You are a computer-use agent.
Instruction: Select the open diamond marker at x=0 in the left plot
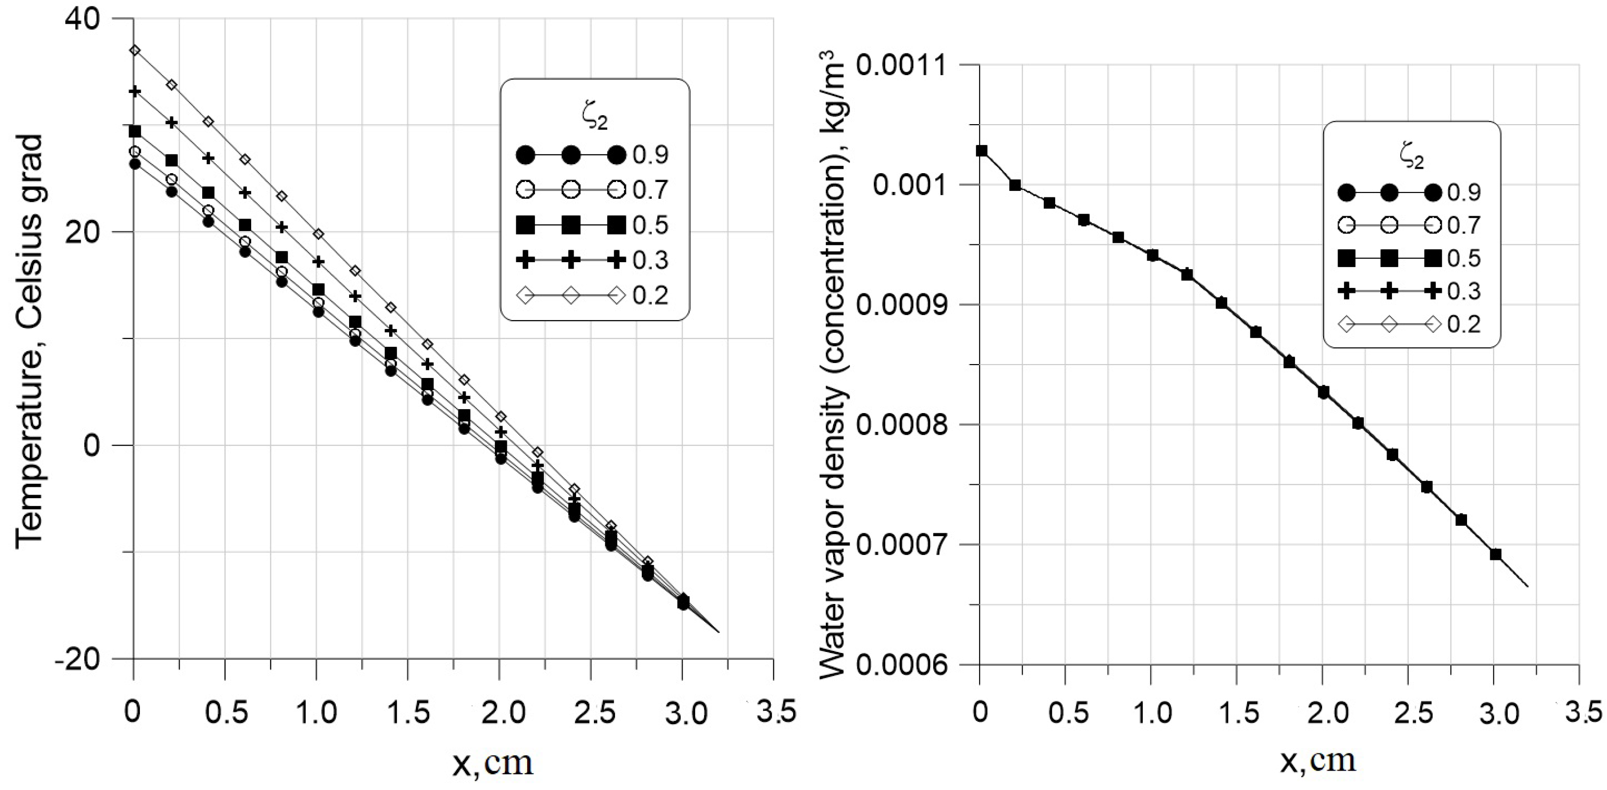(135, 50)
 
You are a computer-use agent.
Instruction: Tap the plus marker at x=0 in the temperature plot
(135, 92)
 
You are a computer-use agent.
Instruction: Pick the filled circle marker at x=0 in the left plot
(135, 164)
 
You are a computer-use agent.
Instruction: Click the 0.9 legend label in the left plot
(650, 155)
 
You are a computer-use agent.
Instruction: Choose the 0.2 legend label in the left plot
(650, 295)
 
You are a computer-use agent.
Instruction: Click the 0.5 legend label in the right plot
(1464, 258)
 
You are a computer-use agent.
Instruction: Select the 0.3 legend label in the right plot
(1464, 291)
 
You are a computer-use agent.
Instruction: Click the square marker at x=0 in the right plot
(982, 150)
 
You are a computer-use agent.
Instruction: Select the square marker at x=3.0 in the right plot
(1495, 554)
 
